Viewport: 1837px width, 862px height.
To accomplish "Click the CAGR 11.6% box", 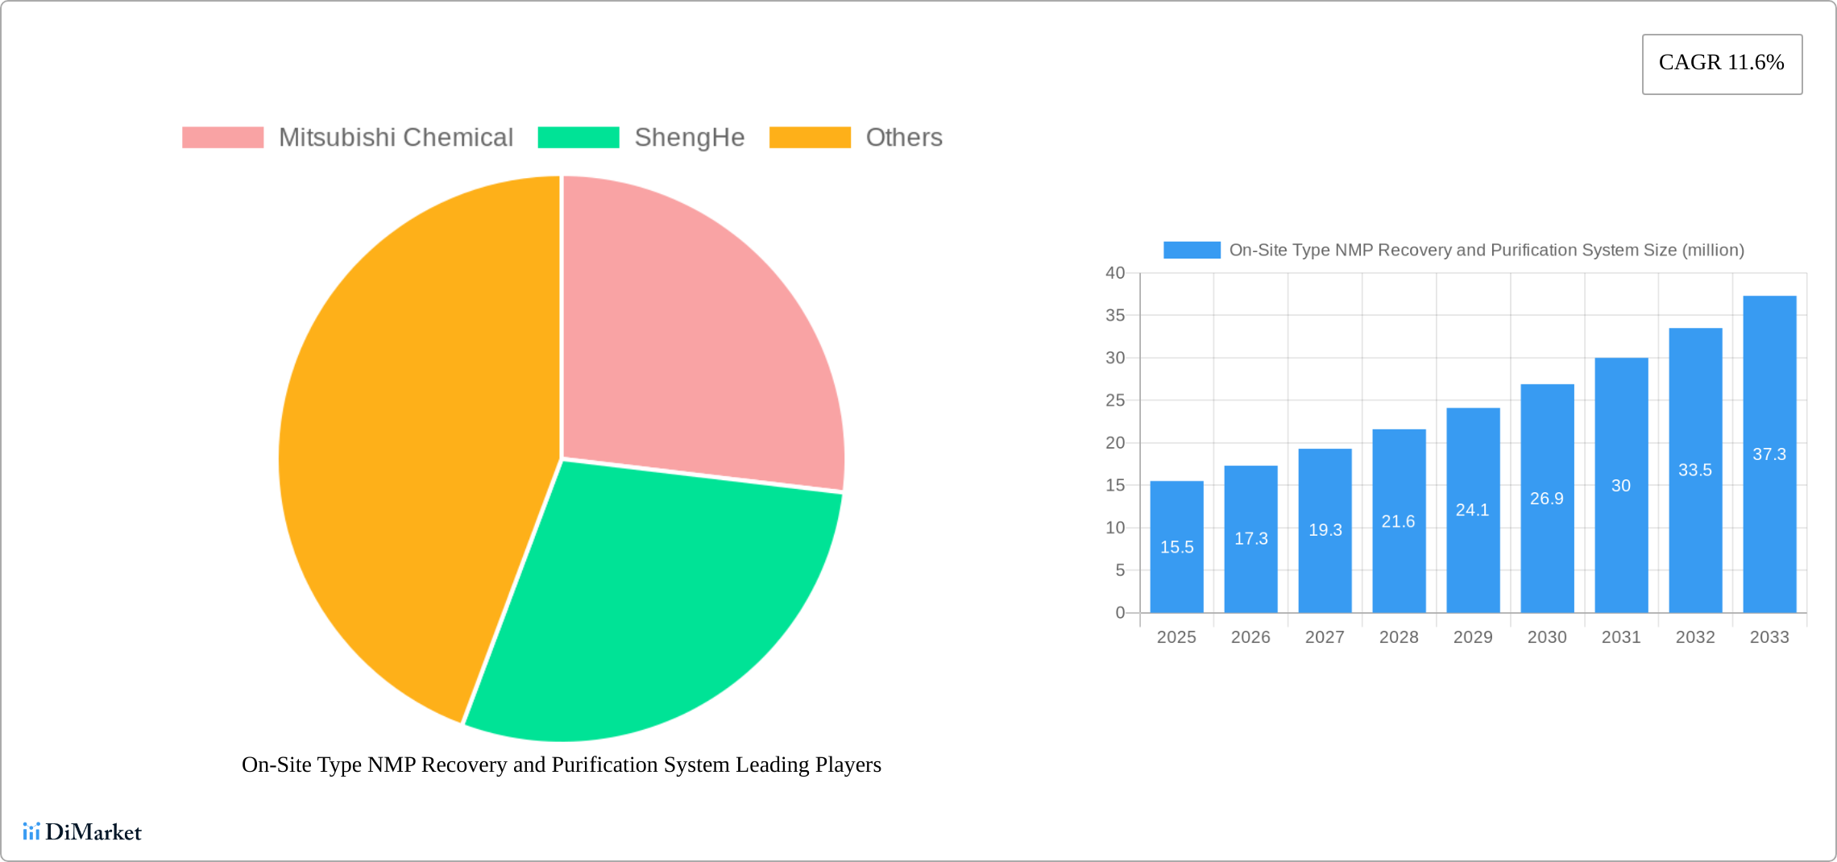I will [1722, 64].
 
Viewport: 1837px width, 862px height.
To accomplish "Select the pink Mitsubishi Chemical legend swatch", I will [222, 138].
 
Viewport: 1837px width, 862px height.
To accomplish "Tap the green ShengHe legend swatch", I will [578, 138].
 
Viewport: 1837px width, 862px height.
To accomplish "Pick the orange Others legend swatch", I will [809, 138].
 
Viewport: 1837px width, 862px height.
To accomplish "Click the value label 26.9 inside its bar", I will [1547, 499].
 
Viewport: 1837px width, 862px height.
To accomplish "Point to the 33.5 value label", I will [1695, 470].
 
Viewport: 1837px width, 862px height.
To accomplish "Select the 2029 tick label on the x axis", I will [1473, 637].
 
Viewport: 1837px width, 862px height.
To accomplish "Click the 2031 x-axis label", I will [1621, 637].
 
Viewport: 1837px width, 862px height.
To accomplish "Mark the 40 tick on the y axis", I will [1115, 273].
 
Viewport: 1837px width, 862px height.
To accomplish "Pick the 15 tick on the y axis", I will [1115, 485].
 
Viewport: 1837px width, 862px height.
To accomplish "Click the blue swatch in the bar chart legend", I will [1192, 250].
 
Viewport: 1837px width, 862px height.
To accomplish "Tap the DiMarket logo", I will [82, 831].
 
